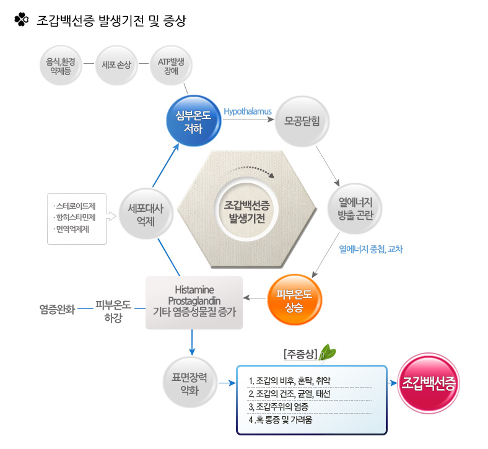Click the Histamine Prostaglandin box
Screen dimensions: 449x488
(x=194, y=301)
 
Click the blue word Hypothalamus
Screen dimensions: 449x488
(x=248, y=112)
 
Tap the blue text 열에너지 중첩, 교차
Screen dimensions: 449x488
(x=370, y=250)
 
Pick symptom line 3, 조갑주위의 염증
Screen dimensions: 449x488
(x=277, y=407)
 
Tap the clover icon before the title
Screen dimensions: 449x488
(x=22, y=20)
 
